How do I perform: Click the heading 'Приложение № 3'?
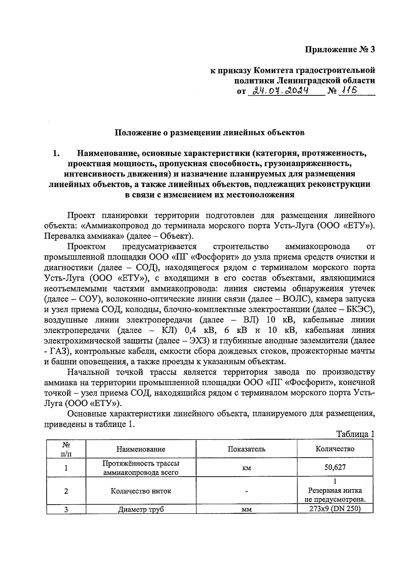point(340,50)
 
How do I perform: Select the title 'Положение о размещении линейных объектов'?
point(210,133)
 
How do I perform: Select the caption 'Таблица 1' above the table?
point(355,434)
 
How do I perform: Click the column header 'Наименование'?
point(141,449)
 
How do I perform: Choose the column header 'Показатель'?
point(247,449)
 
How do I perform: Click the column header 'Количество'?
point(335,449)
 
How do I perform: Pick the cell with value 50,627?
point(335,467)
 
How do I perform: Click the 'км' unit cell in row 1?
point(247,468)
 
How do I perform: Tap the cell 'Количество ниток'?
point(141,491)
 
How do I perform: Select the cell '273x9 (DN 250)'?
point(335,509)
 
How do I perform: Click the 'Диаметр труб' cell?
point(141,510)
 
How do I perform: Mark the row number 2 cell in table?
point(66,491)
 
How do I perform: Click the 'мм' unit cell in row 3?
point(247,510)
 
